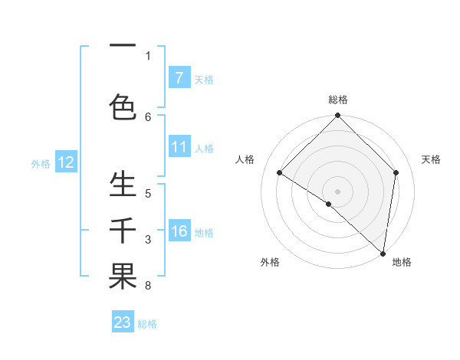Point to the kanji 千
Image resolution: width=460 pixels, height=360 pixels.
pyautogui.click(x=123, y=231)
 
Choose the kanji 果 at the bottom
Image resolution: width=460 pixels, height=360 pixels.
pyautogui.click(x=123, y=277)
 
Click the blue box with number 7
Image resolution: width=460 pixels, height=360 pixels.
pyautogui.click(x=179, y=78)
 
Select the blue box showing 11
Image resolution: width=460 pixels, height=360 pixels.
pyautogui.click(x=179, y=147)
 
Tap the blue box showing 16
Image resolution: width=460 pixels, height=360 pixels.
pyautogui.click(x=179, y=231)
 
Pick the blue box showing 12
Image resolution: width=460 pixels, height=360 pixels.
pyautogui.click(x=66, y=162)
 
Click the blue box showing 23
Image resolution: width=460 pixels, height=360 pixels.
pyautogui.click(x=123, y=322)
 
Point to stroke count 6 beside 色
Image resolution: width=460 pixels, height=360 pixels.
pyautogui.click(x=148, y=116)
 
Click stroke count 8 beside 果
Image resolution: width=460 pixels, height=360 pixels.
pyautogui.click(x=148, y=286)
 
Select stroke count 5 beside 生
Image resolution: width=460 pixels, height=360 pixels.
pyautogui.click(x=148, y=193)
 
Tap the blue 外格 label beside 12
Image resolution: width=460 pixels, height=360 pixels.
pyautogui.click(x=41, y=163)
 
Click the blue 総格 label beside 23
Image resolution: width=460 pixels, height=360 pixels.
pyautogui.click(x=147, y=324)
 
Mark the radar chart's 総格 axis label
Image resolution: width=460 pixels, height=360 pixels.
pyautogui.click(x=337, y=100)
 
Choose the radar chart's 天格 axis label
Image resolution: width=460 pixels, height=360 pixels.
pyautogui.click(x=431, y=159)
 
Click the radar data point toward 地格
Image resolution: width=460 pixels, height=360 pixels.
pyautogui.click(x=383, y=254)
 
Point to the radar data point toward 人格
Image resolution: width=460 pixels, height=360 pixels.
pyautogui.click(x=280, y=172)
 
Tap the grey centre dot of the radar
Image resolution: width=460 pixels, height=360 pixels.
pyautogui.click(x=337, y=191)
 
